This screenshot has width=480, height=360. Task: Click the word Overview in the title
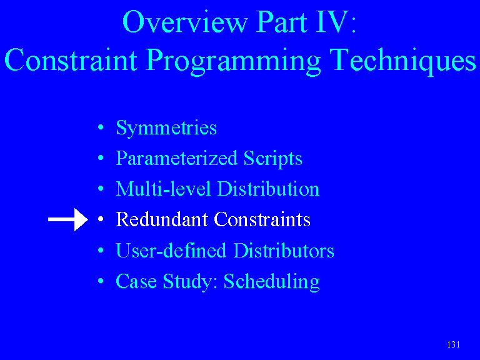click(x=185, y=22)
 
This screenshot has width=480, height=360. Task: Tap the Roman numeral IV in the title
click(x=332, y=21)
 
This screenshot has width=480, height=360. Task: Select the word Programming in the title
click(x=233, y=61)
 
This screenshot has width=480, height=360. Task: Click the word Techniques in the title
click(x=403, y=60)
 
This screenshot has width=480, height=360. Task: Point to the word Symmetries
click(x=166, y=128)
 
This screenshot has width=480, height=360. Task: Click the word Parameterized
click(x=177, y=159)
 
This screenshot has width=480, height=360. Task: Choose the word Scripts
click(x=272, y=159)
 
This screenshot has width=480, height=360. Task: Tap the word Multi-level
click(x=163, y=189)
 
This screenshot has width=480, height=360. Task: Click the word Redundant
click(x=162, y=219)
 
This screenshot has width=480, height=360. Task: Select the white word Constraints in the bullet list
click(x=262, y=219)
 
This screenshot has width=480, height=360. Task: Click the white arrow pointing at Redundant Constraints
click(x=68, y=219)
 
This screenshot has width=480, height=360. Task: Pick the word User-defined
click(x=171, y=251)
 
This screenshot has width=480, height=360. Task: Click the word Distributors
click(x=284, y=251)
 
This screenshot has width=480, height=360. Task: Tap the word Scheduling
click(x=271, y=282)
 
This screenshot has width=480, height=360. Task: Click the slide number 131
click(x=453, y=345)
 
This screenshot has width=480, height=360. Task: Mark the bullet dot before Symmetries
click(x=101, y=127)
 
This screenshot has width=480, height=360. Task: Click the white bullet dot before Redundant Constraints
click(x=101, y=219)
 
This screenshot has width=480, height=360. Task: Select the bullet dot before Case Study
click(x=101, y=281)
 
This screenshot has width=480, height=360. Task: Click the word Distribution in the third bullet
click(x=268, y=189)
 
